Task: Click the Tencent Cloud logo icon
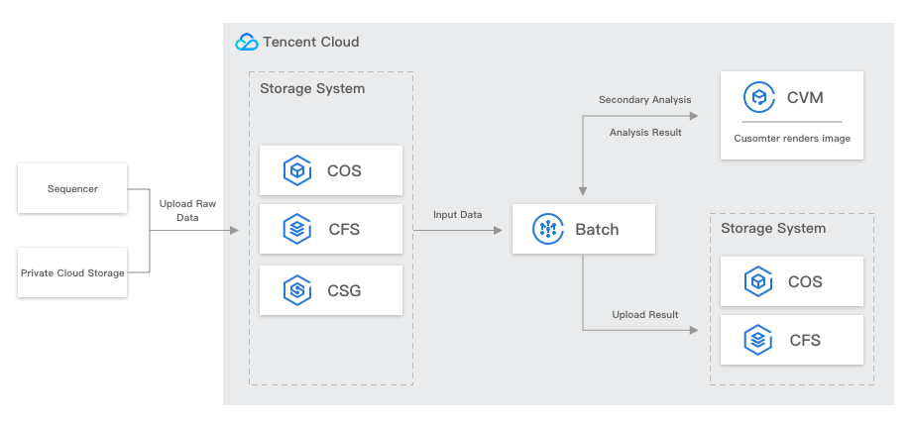click(x=247, y=42)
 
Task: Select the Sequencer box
click(x=72, y=188)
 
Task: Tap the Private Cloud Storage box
click(x=72, y=272)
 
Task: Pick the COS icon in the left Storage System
click(x=297, y=170)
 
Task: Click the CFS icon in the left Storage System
click(x=297, y=229)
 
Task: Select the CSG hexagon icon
click(x=297, y=290)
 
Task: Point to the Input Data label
click(x=457, y=215)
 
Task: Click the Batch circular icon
click(x=548, y=229)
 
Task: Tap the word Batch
click(x=597, y=229)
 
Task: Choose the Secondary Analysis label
click(x=645, y=99)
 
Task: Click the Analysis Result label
click(x=645, y=133)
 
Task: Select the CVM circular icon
click(x=759, y=97)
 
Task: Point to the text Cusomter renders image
click(x=792, y=139)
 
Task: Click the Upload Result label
click(x=645, y=315)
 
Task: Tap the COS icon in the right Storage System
click(x=758, y=281)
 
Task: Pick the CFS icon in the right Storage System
click(x=758, y=340)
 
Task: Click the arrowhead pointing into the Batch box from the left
click(x=498, y=230)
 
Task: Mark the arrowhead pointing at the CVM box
click(x=693, y=116)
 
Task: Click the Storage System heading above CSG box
click(x=312, y=88)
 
